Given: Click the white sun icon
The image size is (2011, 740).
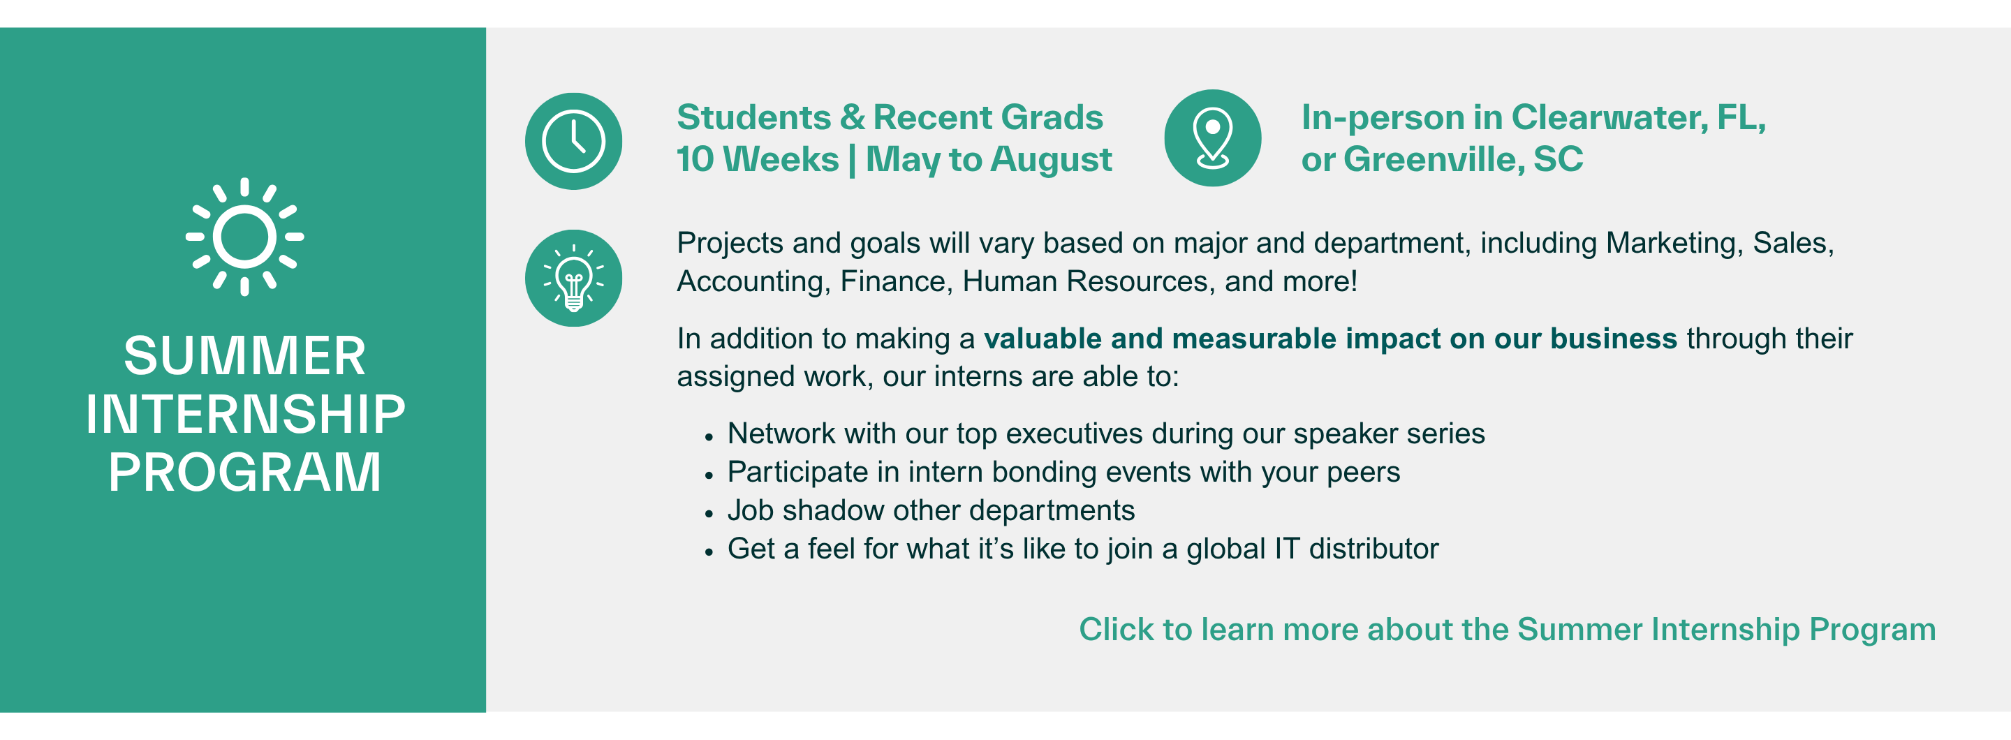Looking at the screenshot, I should [244, 237].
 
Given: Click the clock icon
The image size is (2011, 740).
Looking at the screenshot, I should [573, 141].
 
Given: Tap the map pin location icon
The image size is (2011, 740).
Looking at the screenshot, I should [1212, 138].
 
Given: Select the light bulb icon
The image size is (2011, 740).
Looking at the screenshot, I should [573, 279].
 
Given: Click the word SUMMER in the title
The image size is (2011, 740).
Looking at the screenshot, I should [244, 356].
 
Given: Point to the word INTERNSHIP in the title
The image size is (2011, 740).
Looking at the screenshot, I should [244, 414].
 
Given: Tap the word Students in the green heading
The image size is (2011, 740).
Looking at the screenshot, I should [753, 118].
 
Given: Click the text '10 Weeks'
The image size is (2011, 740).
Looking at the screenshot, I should [756, 160].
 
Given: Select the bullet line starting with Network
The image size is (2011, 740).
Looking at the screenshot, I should [1105, 434].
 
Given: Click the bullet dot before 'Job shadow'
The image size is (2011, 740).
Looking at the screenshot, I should [709, 514].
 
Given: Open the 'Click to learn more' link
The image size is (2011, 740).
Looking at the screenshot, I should [1507, 629].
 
